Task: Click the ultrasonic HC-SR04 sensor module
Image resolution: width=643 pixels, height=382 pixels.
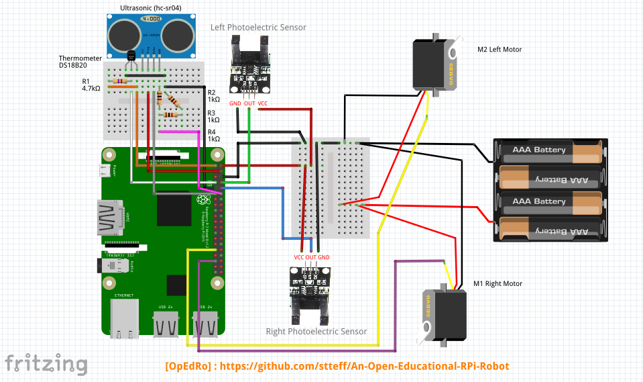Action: click(150, 33)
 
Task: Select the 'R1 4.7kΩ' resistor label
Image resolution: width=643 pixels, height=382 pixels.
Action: click(91, 85)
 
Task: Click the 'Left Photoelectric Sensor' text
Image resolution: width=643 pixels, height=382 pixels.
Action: click(258, 28)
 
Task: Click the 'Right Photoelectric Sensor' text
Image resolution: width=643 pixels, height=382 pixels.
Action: click(316, 331)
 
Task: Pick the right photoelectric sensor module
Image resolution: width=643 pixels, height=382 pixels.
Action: click(309, 290)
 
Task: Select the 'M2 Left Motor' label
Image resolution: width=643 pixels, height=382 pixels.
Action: click(499, 49)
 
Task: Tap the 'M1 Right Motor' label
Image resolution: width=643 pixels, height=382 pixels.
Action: click(498, 283)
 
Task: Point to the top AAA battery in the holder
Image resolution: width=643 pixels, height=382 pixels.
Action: click(549, 152)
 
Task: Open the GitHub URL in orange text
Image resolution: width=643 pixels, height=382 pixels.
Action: click(337, 367)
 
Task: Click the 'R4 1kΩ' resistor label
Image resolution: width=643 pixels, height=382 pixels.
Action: click(214, 135)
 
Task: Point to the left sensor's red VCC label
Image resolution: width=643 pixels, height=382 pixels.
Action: click(263, 103)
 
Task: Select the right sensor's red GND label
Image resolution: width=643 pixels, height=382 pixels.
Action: click(323, 257)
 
